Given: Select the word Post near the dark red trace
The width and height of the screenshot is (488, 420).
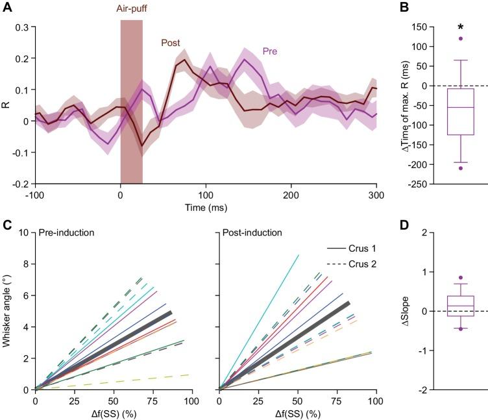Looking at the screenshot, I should tap(171, 43).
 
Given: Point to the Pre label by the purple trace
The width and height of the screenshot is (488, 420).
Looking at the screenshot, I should tap(271, 51).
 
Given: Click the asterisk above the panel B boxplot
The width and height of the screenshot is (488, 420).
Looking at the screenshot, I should tap(460, 28).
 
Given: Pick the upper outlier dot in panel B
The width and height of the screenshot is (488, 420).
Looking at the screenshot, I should tap(460, 38).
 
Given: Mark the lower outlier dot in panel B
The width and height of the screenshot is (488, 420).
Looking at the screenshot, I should tap(460, 168).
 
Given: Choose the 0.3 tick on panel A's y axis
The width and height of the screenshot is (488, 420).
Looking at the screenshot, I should tap(21, 27).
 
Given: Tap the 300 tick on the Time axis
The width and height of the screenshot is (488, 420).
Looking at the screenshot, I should tap(376, 195).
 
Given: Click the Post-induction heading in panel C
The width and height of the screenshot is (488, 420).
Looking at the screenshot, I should tap(252, 232).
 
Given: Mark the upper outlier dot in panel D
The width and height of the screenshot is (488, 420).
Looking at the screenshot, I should tap(460, 278).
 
